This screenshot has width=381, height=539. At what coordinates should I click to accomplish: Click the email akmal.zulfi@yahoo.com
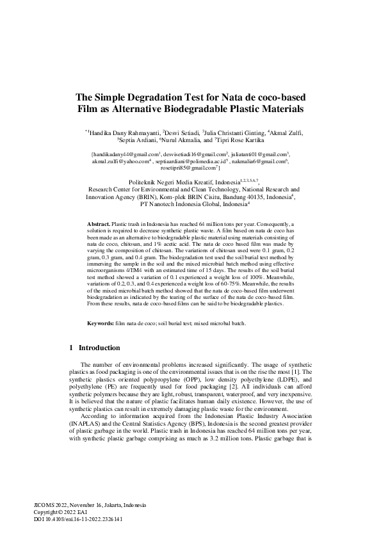click(x=118, y=162)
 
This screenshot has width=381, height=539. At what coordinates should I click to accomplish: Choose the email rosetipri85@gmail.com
click(x=190, y=169)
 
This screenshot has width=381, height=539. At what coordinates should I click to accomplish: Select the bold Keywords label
click(x=101, y=324)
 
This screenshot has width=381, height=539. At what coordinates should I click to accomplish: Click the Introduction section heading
click(x=99, y=348)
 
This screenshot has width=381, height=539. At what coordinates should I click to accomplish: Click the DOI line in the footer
click(x=77, y=519)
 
